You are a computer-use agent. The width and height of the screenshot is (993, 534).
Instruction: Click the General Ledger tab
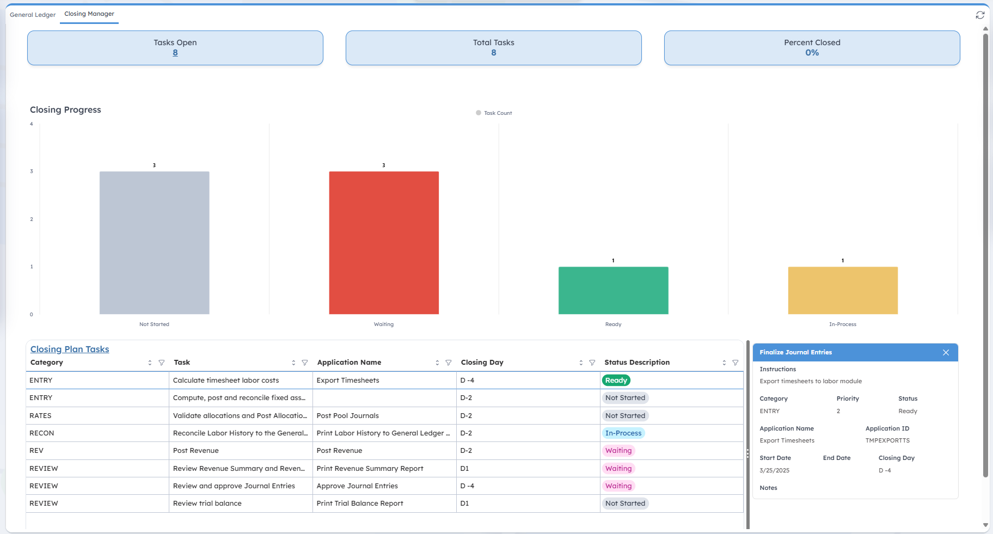(x=33, y=15)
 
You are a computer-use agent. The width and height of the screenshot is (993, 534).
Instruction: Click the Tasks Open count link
(x=175, y=53)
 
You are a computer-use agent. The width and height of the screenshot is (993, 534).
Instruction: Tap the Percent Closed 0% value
(x=812, y=53)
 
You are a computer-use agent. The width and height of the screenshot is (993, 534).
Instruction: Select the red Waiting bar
(x=384, y=243)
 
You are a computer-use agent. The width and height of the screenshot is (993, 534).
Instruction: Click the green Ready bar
(x=613, y=290)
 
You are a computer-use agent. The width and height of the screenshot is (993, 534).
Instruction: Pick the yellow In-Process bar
(x=842, y=290)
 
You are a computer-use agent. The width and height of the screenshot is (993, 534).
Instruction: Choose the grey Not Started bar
(x=154, y=243)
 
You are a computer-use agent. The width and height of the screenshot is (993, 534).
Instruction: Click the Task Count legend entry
(x=494, y=113)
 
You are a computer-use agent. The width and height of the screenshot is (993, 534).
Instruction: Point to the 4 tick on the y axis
(x=32, y=124)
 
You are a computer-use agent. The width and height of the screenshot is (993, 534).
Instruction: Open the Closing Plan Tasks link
(x=70, y=349)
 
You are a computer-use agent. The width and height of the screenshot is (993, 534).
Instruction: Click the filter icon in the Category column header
(x=162, y=363)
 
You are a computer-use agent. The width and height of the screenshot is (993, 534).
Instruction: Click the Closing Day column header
(x=482, y=363)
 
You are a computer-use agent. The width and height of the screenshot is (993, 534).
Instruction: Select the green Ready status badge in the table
(x=616, y=380)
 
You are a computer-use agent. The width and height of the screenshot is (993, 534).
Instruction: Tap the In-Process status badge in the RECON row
(x=623, y=433)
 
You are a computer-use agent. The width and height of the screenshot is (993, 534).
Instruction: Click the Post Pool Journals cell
(x=347, y=416)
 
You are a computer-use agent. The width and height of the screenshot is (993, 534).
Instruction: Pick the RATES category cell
(x=40, y=416)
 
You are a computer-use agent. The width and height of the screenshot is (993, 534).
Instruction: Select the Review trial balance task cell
(x=207, y=504)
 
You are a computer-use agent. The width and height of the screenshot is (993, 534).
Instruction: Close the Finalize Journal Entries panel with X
(x=946, y=353)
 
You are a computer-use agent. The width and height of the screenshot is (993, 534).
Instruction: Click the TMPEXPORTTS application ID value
(x=887, y=441)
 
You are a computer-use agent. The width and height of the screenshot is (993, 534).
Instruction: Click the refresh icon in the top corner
(x=980, y=15)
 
